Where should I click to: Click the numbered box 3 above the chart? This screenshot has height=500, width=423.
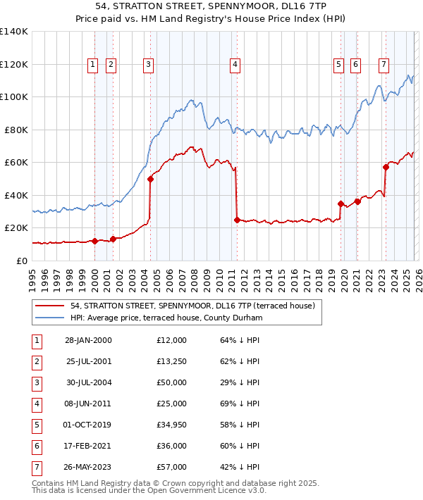149,65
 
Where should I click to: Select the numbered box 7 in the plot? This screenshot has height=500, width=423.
384,65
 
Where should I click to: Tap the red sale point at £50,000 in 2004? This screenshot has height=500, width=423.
150,179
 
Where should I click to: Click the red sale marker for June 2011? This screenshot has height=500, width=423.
236,220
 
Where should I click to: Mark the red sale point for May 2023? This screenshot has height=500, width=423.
386,168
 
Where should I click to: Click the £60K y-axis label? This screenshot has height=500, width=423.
16,163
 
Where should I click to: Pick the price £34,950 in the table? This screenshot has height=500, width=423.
172,424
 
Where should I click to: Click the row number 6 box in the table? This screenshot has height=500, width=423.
36,445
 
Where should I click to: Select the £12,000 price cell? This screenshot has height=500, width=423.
172,340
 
